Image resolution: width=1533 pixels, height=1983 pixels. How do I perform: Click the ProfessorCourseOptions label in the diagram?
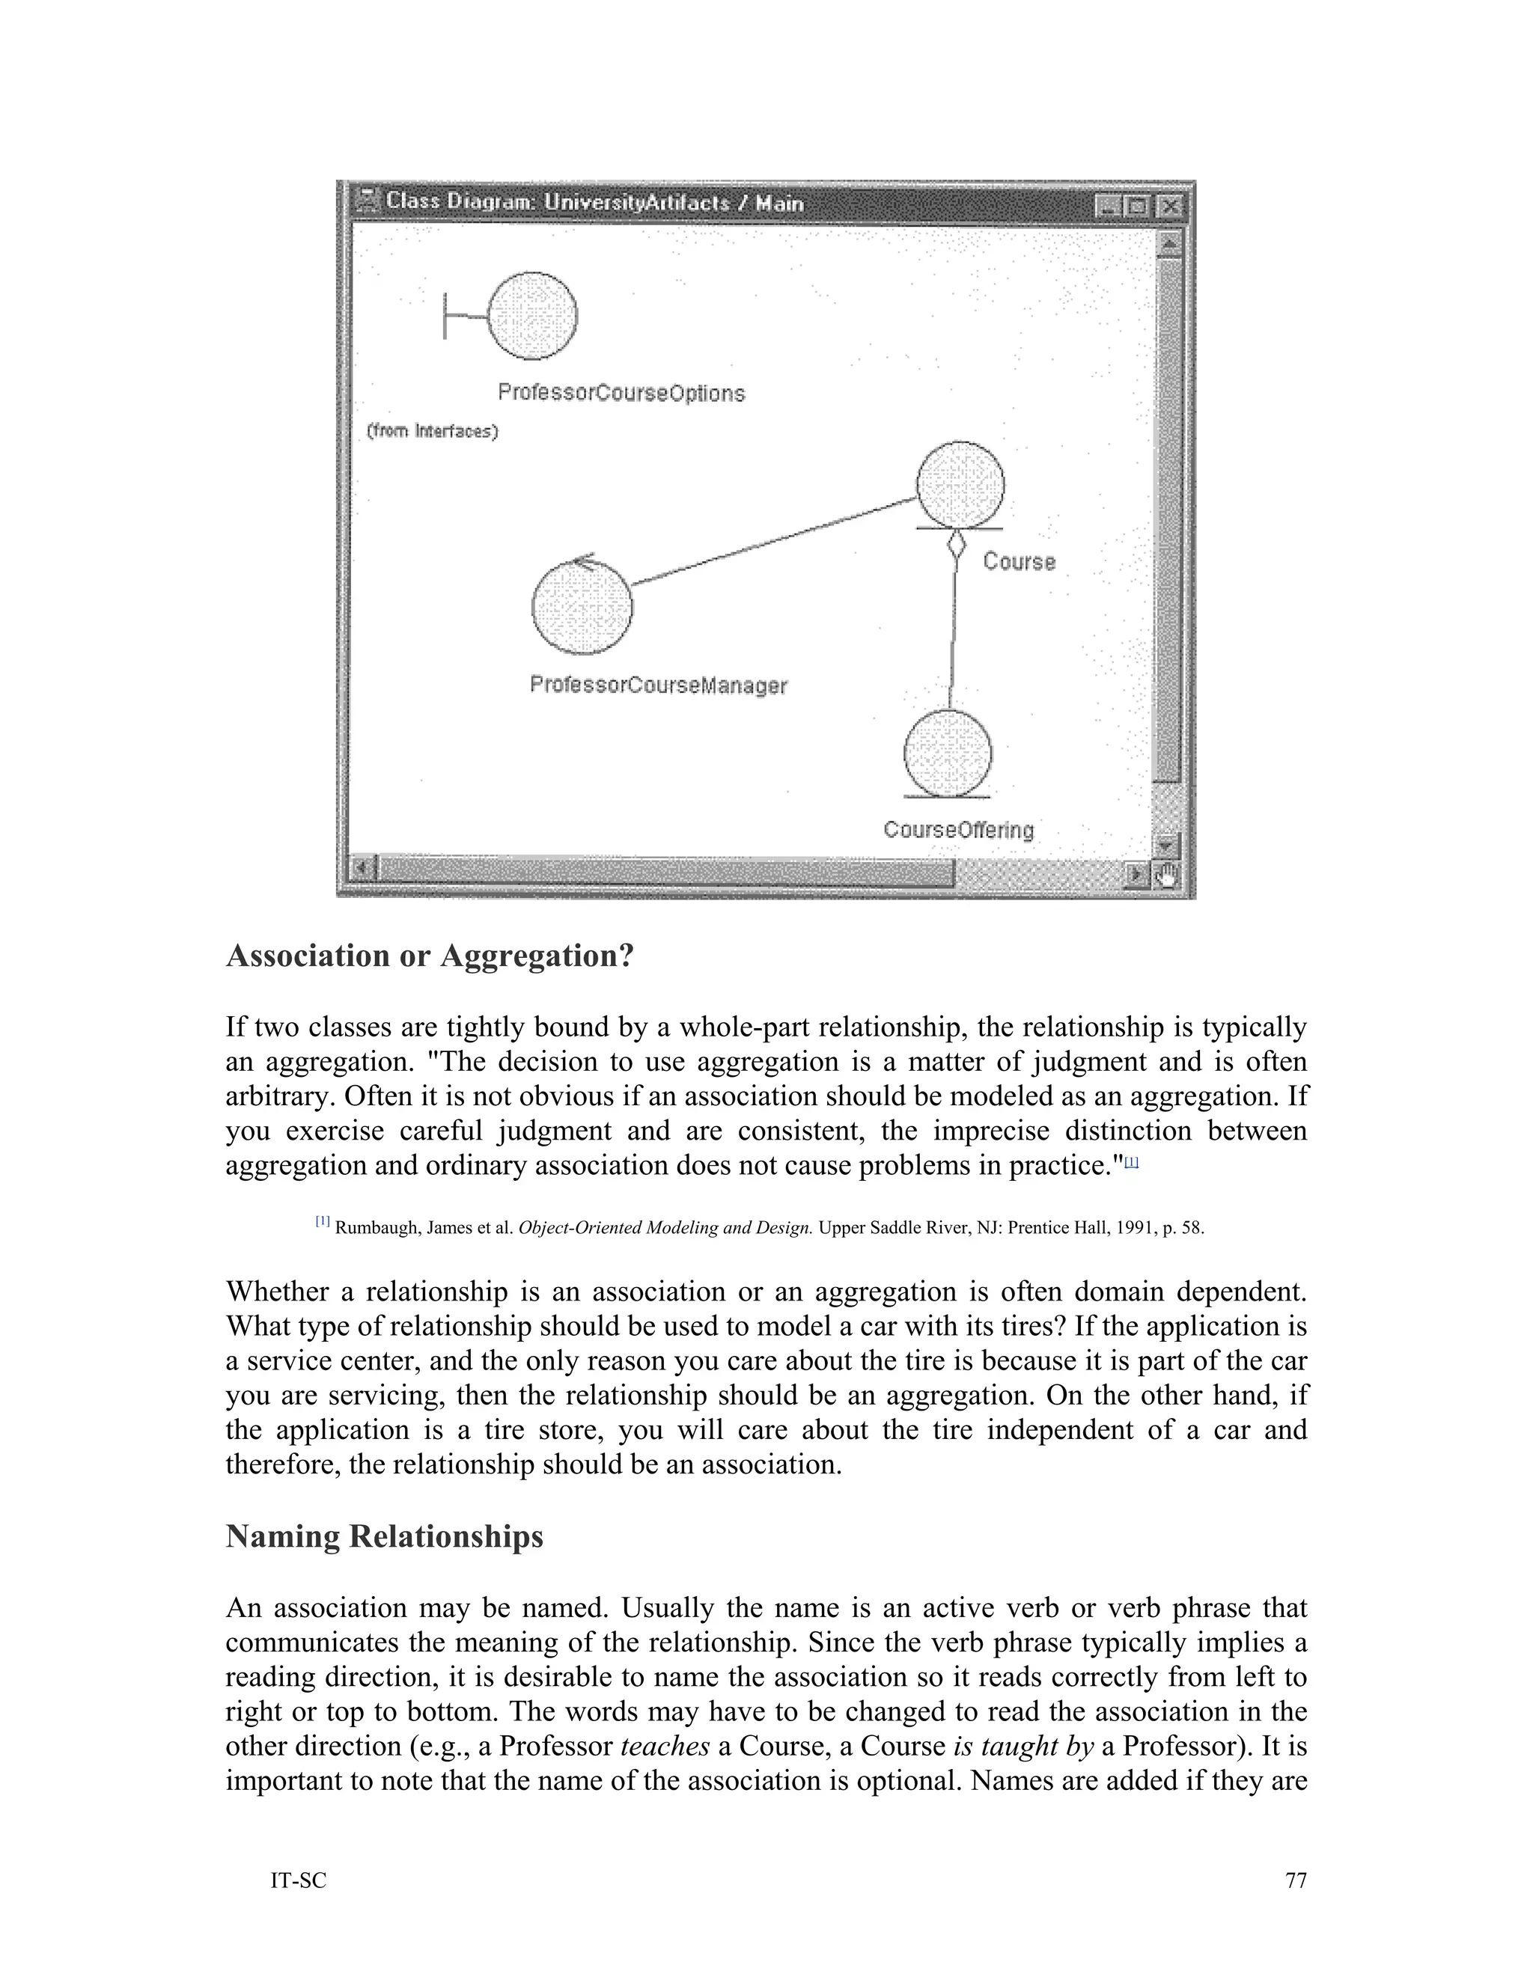(621, 393)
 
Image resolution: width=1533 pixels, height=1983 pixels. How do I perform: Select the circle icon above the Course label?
(960, 485)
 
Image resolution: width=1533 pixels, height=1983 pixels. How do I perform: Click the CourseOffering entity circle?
(948, 754)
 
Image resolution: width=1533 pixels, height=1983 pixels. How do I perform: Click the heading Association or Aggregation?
(429, 956)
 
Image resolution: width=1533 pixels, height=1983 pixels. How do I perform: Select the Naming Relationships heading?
(384, 1536)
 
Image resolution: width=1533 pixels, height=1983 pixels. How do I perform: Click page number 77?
(1296, 1880)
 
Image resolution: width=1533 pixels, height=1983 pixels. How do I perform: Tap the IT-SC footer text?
(299, 1881)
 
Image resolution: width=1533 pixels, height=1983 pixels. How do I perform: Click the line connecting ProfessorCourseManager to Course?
(772, 541)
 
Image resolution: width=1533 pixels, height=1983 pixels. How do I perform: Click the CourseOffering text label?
(958, 830)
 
